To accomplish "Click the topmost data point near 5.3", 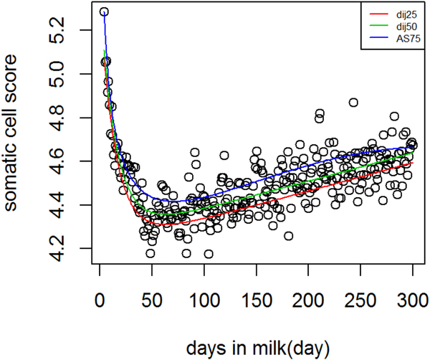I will pos(104,12).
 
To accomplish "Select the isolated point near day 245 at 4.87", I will pos(353,103).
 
